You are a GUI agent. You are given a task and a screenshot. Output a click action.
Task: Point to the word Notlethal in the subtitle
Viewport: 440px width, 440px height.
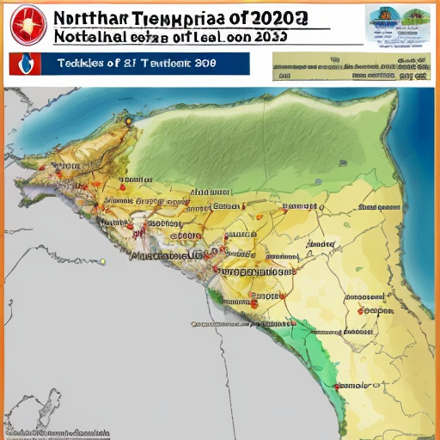tap(86, 37)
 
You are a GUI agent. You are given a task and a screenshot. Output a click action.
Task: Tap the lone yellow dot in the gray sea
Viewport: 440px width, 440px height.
tap(101, 261)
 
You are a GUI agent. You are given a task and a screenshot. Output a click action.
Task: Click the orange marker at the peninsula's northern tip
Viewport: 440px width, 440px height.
tap(127, 120)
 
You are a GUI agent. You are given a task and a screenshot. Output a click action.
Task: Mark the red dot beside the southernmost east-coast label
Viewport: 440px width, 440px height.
tap(337, 387)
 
